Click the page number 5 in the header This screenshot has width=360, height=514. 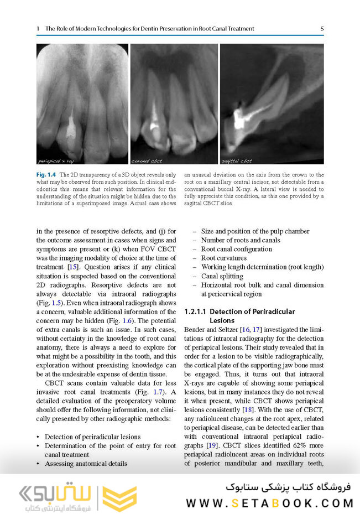pyautogui.click(x=322, y=28)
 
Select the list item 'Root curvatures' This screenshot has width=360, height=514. pyautogui.click(x=223, y=258)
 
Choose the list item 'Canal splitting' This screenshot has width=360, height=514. pyautogui.click(x=221, y=276)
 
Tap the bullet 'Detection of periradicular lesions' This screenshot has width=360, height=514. pyautogui.click(x=92, y=437)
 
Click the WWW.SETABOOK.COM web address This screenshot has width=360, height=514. pyautogui.click(x=269, y=503)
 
